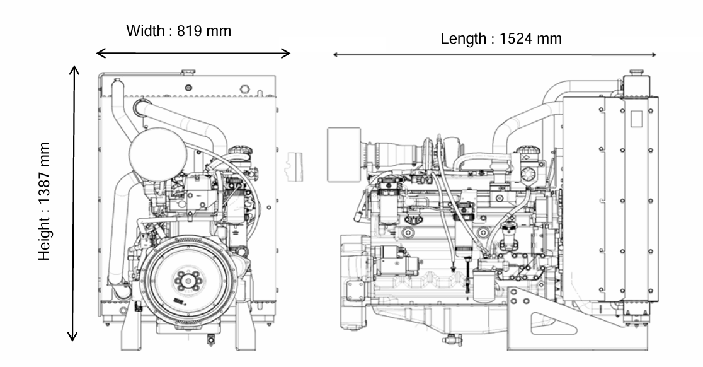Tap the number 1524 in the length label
(515, 38)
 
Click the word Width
(146, 31)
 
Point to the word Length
(463, 38)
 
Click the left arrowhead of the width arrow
(101, 53)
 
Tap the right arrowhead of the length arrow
(653, 55)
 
